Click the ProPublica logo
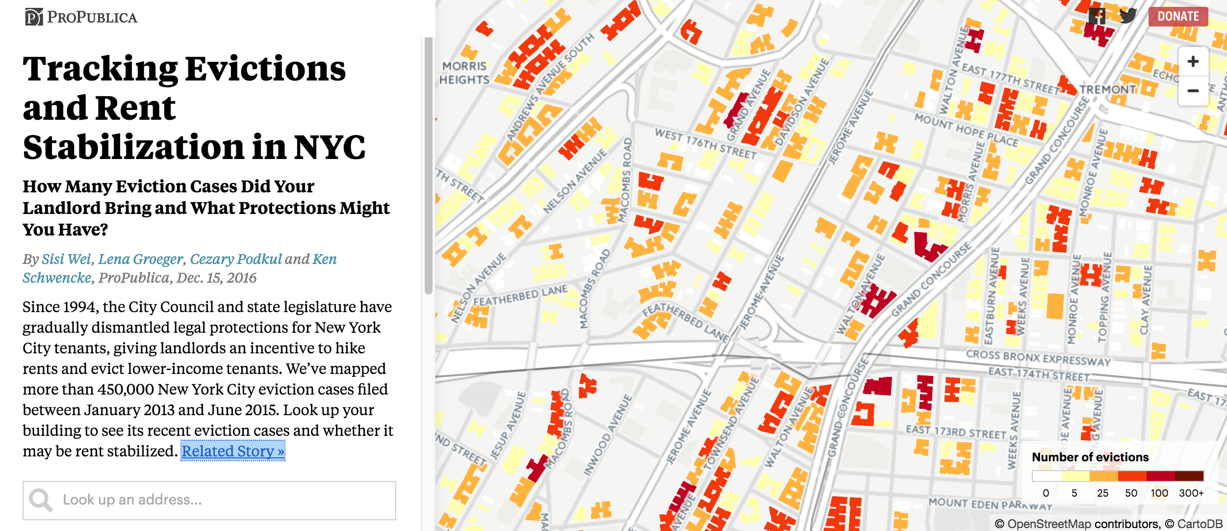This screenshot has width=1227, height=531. [81, 17]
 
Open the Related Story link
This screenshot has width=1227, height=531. [232, 451]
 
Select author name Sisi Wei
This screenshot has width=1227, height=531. [66, 259]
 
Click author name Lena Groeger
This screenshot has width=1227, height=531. [140, 259]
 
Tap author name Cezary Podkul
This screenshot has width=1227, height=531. [235, 259]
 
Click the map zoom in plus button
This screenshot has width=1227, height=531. [1193, 62]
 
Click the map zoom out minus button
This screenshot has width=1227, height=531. [1193, 91]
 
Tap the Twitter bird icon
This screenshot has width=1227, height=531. [1127, 16]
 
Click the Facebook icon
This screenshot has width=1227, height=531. [1097, 16]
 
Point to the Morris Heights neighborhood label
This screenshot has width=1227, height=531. [464, 73]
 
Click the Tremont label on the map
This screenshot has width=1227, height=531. [1107, 89]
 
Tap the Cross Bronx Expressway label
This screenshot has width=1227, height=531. [1038, 358]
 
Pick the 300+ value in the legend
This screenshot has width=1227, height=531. [1191, 493]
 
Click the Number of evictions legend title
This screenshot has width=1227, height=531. [1090, 457]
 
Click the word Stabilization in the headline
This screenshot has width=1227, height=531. [133, 147]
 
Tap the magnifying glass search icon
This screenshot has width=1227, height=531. [41, 500]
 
